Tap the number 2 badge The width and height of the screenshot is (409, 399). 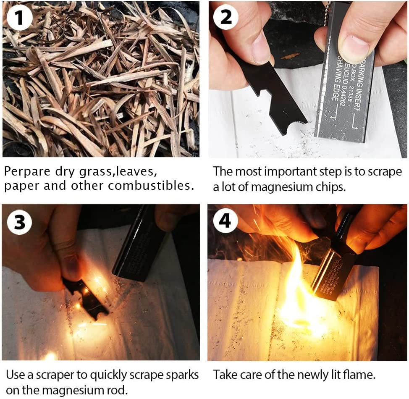tap(225, 17)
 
